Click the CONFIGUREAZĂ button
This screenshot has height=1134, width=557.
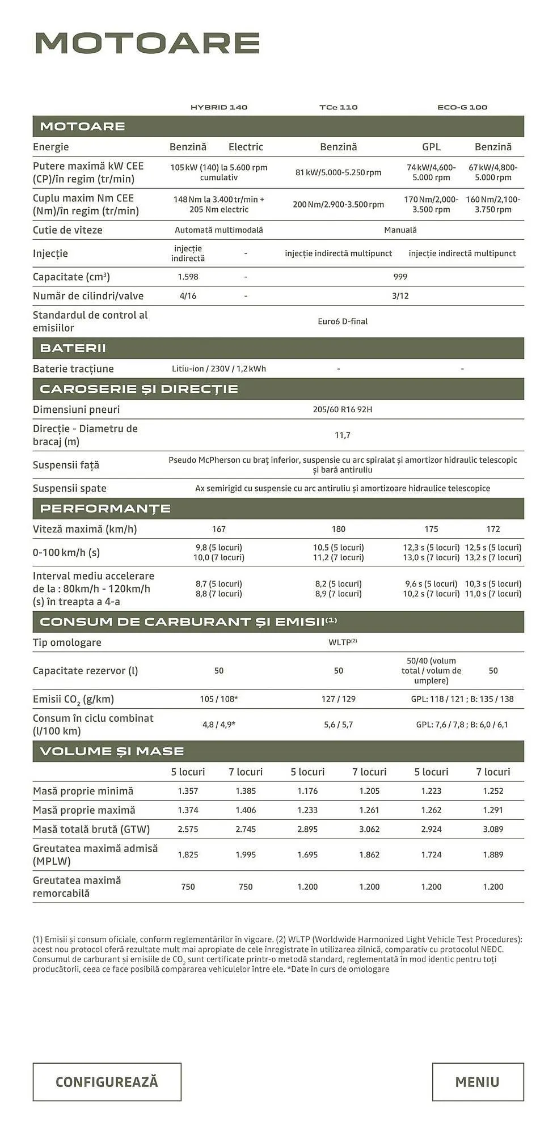107,1082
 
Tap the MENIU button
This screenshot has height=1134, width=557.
477,1082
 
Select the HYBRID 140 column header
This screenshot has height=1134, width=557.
219,107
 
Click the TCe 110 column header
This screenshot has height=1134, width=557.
338,107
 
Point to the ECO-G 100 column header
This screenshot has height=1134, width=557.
462,107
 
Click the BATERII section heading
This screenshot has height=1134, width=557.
73,348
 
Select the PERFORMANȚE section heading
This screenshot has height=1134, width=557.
106,508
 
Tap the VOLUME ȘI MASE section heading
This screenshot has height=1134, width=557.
112,751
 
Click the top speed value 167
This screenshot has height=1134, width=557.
219,529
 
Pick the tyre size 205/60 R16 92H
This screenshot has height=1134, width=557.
343,409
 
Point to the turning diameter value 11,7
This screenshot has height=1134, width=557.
343,435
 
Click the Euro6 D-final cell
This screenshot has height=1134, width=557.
343,321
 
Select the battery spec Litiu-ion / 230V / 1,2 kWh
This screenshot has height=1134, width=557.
219,369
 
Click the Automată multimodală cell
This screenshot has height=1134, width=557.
219,230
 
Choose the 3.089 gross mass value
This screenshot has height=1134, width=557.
493,829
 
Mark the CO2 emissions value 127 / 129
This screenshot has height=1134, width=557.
338,699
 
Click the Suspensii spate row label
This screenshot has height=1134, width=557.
70,488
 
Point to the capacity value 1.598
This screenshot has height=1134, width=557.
188,277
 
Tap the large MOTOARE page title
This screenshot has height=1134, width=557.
147,43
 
